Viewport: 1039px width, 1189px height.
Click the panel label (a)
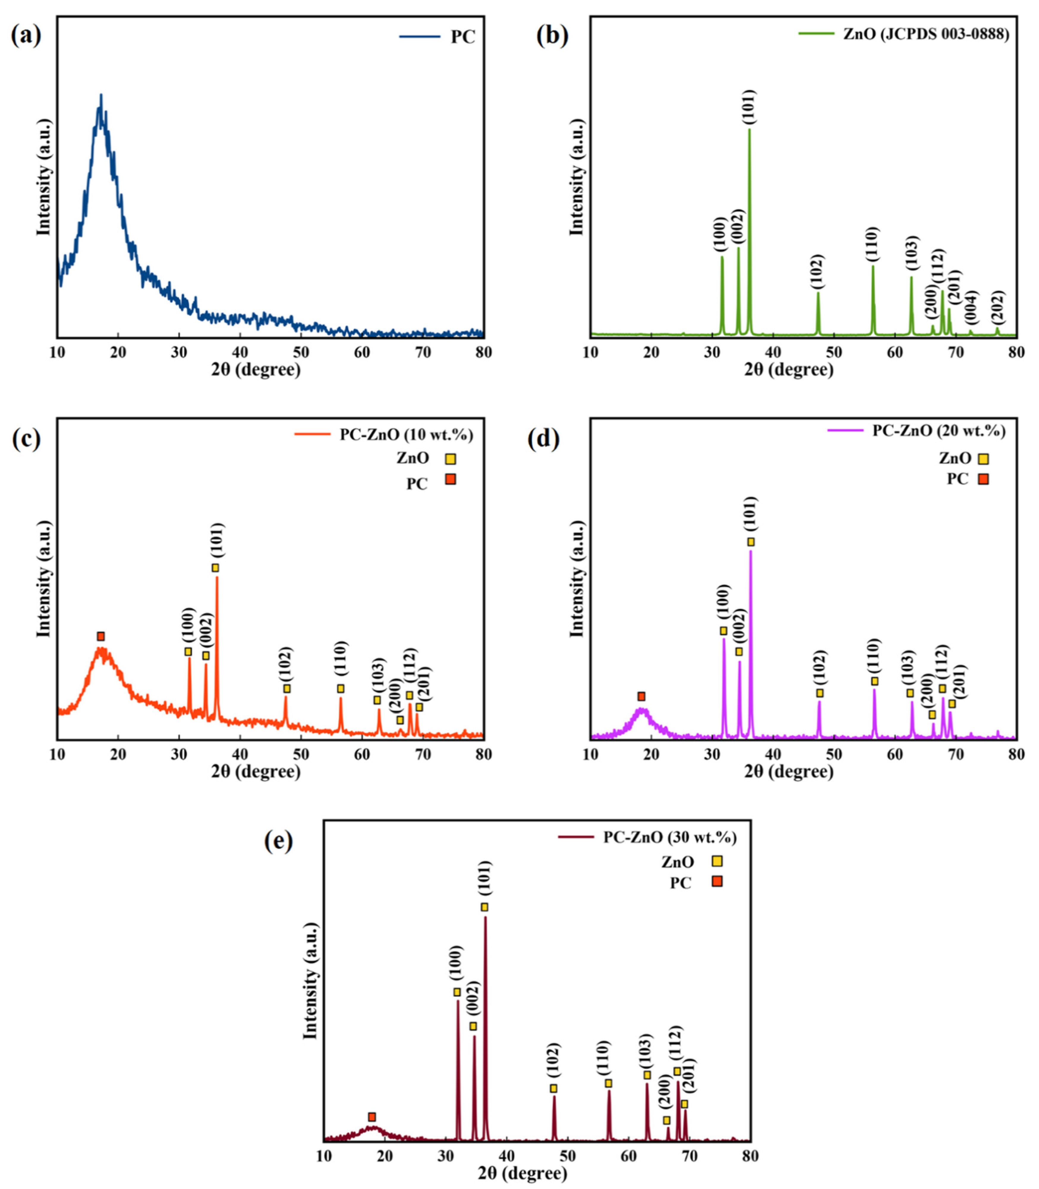point(26,36)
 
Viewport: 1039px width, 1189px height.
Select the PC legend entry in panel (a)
point(462,37)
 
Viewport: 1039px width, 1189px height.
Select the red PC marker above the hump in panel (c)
point(101,636)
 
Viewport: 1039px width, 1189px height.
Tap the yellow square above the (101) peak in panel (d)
point(751,541)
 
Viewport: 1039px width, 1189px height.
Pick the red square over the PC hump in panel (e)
point(372,1117)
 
